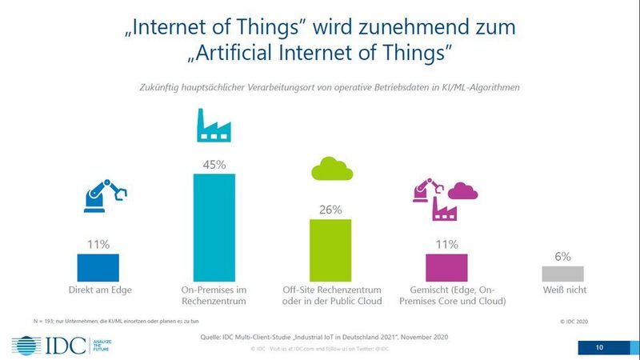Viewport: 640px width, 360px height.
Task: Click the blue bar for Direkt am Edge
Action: [x=98, y=265]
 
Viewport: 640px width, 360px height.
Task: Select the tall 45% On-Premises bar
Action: [x=215, y=225]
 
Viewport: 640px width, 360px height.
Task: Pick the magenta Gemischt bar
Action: [x=446, y=265]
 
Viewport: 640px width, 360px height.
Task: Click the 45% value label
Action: [x=215, y=163]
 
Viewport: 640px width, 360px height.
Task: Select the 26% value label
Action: [x=330, y=210]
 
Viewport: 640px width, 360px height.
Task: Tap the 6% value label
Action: [x=562, y=257]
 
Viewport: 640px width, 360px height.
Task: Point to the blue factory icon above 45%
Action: [x=215, y=128]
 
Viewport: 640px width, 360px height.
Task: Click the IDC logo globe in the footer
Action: [x=26, y=346]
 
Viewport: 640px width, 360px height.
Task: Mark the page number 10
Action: [x=600, y=347]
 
